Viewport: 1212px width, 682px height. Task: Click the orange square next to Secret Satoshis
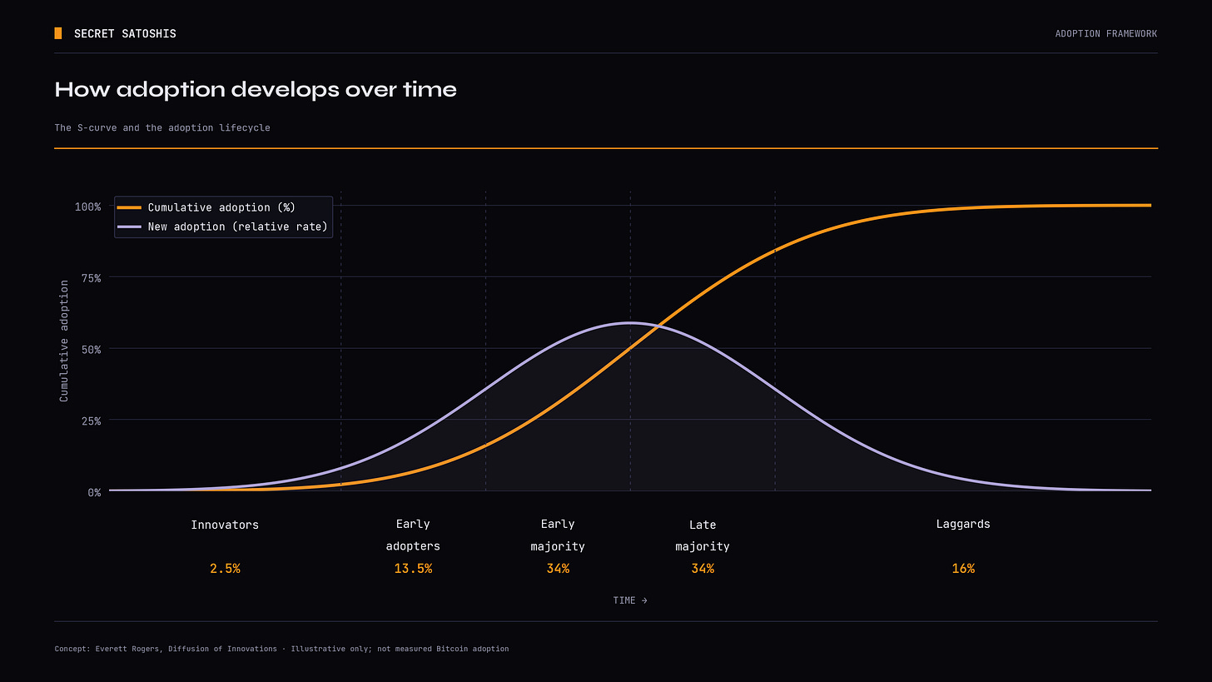tap(58, 33)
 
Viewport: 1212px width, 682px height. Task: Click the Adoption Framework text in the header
tap(1106, 33)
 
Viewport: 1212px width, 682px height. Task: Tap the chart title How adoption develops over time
tap(256, 90)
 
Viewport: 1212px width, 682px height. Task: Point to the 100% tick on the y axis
tap(87, 207)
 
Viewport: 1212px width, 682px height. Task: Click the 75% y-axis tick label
tap(91, 278)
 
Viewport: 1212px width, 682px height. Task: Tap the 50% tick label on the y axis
tap(91, 350)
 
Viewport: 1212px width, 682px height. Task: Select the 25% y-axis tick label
tap(91, 421)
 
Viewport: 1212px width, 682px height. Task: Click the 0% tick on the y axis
tap(94, 493)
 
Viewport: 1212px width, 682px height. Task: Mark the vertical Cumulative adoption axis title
tap(64, 341)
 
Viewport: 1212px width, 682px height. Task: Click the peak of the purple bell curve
tap(630, 323)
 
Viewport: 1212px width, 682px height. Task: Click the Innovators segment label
tap(225, 525)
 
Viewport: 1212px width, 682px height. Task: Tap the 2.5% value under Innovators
tap(225, 568)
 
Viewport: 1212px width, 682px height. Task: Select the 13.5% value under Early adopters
tap(413, 568)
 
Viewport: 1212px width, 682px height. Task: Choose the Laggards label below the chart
tap(963, 525)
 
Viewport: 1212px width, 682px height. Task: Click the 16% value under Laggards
tap(963, 568)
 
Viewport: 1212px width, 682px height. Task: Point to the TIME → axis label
tap(630, 600)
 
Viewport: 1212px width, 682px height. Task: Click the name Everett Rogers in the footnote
tap(127, 649)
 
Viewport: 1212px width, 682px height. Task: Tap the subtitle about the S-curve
tap(162, 127)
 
